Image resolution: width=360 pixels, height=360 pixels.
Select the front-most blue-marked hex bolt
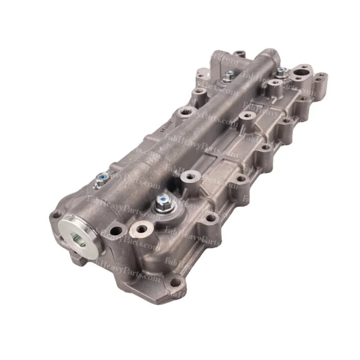click(x=164, y=200)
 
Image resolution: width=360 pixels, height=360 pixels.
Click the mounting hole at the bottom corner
click(x=175, y=282)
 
